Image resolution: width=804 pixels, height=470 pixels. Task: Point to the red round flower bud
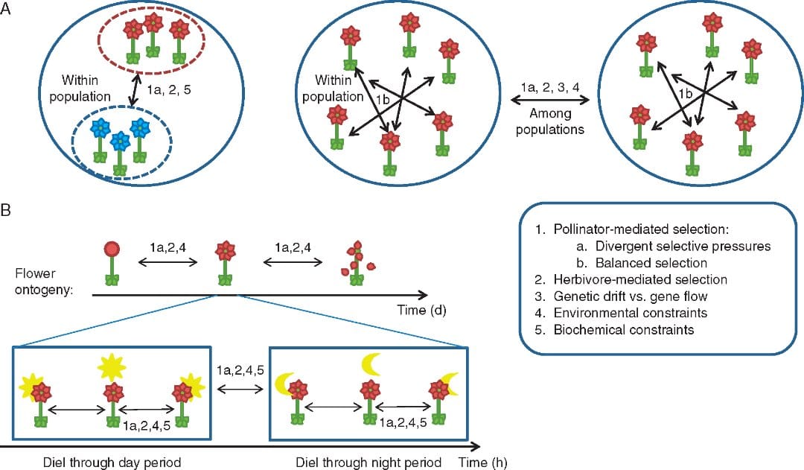(x=112, y=249)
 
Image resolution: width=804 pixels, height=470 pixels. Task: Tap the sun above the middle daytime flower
(x=113, y=366)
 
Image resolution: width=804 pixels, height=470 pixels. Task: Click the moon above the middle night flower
(x=370, y=364)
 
